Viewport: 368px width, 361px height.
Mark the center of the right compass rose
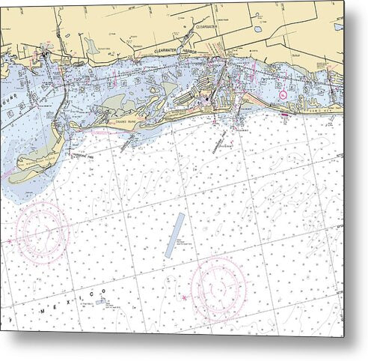[218, 288]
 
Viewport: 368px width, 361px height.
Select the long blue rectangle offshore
[175, 235]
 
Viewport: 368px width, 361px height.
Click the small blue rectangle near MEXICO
[100, 302]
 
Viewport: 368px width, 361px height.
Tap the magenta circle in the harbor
[283, 94]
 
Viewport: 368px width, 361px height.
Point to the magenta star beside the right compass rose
[185, 298]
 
